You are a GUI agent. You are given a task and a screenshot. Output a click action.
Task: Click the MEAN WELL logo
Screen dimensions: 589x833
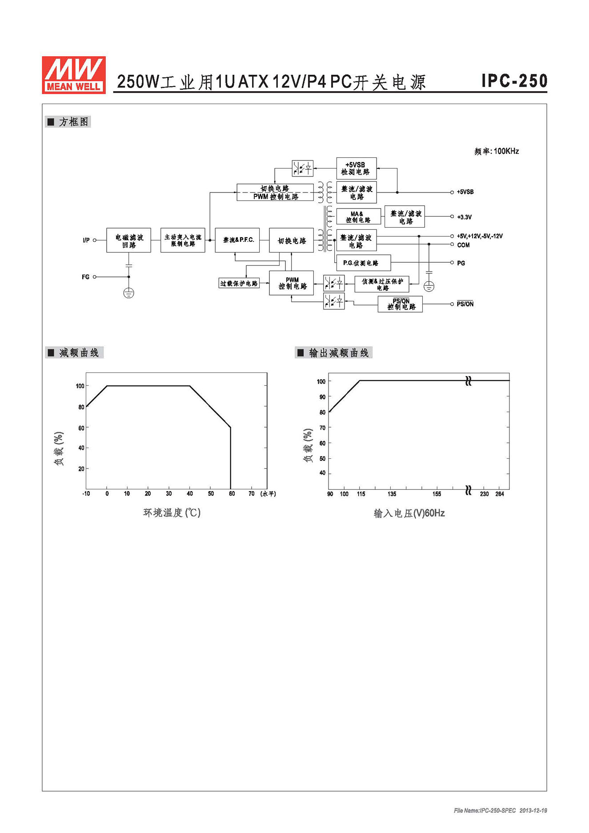point(74,75)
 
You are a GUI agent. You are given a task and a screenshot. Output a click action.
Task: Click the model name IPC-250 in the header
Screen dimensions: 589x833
point(514,80)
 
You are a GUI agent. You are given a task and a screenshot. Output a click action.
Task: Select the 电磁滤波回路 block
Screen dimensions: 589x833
point(128,240)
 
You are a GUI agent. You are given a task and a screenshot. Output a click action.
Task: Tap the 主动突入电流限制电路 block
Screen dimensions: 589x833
point(183,240)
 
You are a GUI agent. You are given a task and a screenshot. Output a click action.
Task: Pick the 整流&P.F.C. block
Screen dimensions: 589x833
point(237,240)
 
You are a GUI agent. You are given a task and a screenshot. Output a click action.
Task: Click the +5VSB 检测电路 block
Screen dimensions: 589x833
point(357,168)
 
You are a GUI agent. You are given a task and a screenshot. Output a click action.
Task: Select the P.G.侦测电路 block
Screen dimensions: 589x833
point(364,263)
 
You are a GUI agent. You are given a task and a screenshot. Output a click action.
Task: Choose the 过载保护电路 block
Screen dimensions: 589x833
point(239,283)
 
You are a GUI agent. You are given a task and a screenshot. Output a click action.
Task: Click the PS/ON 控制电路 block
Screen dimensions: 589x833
point(400,304)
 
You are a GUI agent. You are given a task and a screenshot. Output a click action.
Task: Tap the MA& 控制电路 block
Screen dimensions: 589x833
point(359,217)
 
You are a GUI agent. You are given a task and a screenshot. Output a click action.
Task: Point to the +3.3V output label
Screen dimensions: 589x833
point(464,217)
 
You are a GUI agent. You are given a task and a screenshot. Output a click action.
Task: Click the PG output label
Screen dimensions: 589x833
point(461,263)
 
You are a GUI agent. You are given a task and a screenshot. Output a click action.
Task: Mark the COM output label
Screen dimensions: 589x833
point(463,245)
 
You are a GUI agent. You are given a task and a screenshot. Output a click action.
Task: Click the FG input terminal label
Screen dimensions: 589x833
point(85,277)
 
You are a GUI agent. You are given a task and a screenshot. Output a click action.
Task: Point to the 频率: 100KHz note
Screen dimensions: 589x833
point(497,151)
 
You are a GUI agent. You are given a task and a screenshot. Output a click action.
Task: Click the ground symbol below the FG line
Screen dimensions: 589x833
point(128,293)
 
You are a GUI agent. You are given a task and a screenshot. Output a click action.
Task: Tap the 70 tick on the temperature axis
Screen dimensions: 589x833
point(252,494)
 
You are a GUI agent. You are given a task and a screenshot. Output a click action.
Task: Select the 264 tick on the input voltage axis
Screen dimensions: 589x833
point(500,494)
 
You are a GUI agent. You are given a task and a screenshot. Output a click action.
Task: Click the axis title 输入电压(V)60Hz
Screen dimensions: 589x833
point(409,513)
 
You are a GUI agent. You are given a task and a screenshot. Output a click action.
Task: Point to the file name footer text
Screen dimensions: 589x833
point(501,810)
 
